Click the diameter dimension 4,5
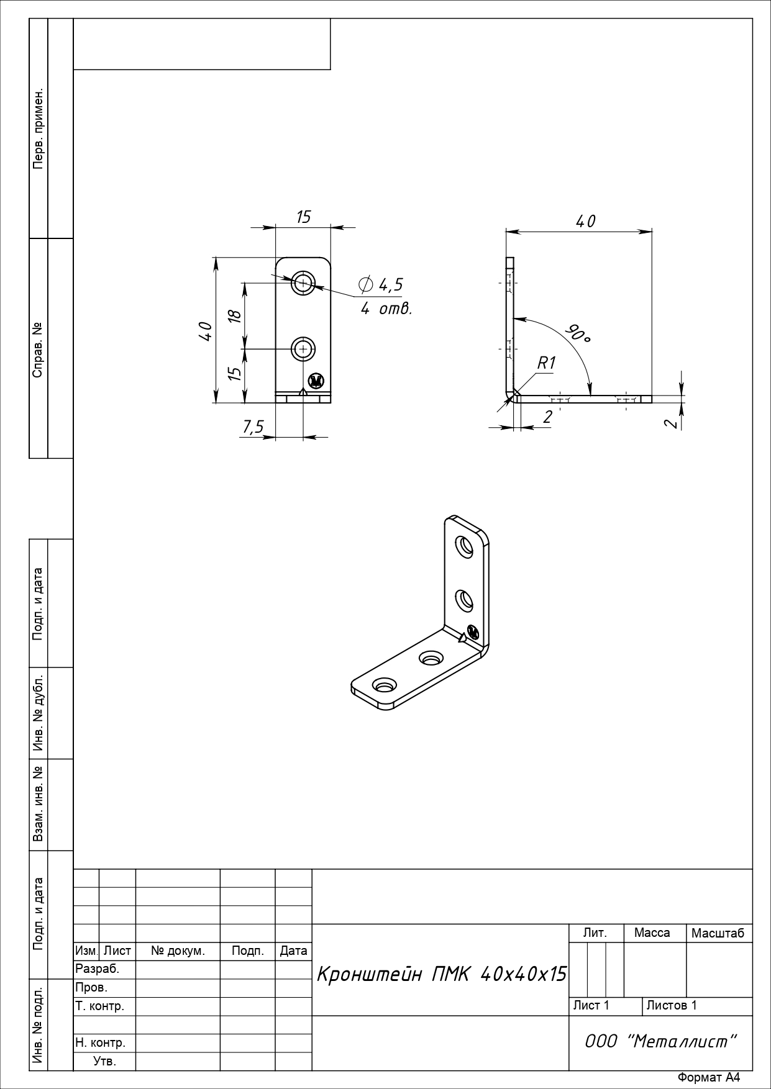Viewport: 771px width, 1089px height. coord(381,284)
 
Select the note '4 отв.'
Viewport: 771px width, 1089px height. coord(386,309)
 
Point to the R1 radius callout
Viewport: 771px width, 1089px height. coord(546,363)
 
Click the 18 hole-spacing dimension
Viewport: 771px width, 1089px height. coord(234,315)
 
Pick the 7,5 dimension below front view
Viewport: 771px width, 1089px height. coord(253,427)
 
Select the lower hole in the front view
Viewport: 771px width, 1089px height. coord(304,350)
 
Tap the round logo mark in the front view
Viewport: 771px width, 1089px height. coord(316,381)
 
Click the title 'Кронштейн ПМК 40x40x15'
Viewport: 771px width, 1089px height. coord(442,974)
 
